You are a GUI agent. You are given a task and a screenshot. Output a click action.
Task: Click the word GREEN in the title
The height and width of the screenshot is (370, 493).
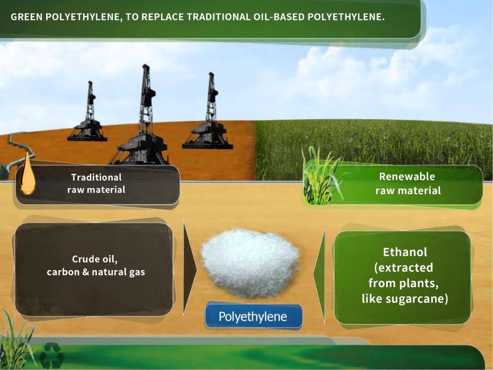tap(27, 17)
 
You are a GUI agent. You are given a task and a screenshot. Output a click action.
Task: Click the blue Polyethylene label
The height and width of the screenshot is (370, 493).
tap(253, 316)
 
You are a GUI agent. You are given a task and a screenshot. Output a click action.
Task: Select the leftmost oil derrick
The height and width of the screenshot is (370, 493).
tap(88, 113)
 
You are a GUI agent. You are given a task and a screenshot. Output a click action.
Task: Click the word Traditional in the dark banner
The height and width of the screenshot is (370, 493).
tap(96, 177)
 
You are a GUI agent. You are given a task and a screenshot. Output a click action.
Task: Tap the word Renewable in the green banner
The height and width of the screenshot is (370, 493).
tap(407, 176)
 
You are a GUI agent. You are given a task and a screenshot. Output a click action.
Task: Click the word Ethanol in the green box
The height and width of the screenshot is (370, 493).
tap(405, 252)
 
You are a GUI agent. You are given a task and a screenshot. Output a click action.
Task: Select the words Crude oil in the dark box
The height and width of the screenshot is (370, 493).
tap(94, 259)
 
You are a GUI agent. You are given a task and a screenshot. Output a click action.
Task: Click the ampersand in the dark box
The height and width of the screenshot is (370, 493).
tap(86, 272)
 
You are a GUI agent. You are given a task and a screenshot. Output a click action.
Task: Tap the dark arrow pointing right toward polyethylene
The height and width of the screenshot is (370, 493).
tap(189, 268)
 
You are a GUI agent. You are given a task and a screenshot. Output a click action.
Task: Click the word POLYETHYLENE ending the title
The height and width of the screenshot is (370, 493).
tap(346, 17)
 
